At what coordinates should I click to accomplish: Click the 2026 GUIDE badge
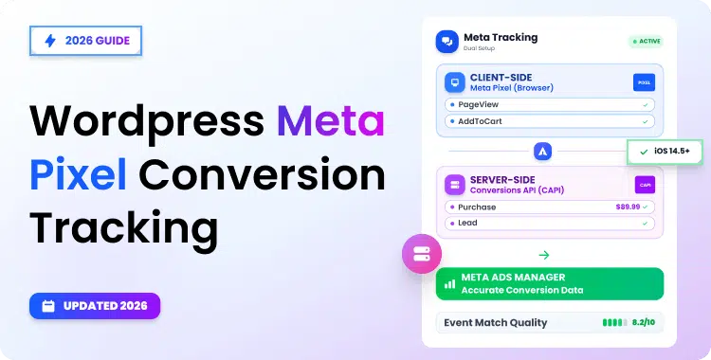86,42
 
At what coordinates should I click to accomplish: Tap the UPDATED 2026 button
94,306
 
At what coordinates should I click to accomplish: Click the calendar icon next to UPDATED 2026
47,306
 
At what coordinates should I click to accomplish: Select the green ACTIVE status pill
646,42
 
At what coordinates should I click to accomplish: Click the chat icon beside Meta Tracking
447,42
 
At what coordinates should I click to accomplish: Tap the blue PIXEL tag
645,82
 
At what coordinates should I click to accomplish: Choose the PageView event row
550,104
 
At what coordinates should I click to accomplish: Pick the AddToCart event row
550,121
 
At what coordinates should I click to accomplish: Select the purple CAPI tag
645,185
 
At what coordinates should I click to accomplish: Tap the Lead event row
550,224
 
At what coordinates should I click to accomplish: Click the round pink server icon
420,254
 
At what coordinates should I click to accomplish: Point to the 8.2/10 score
644,323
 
